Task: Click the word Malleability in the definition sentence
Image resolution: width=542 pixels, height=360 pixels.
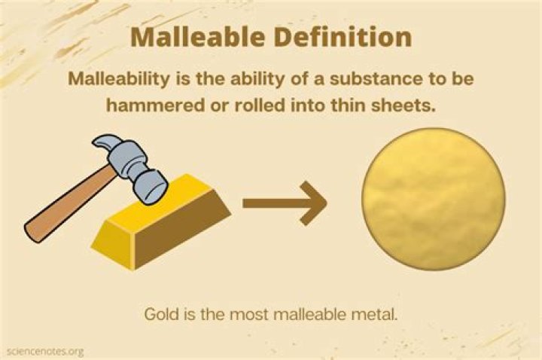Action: [x=120, y=78]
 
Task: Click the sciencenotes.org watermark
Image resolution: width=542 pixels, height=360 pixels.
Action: [x=43, y=351]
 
